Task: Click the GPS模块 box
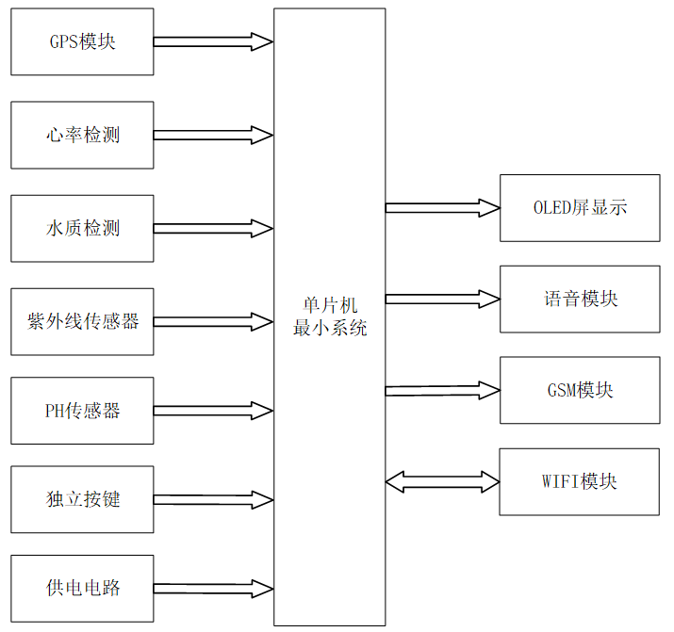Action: (82, 42)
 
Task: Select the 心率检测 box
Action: (82, 135)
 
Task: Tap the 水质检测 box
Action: (82, 228)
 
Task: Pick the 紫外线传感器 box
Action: (82, 321)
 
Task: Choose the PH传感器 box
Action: (82, 411)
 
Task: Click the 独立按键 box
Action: (82, 498)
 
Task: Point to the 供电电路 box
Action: (82, 589)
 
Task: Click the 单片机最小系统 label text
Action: (329, 317)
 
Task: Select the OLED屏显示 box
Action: (580, 207)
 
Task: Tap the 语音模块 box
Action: (580, 299)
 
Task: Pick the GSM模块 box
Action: (580, 390)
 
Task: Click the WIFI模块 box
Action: (580, 481)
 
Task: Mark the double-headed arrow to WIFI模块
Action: (442, 482)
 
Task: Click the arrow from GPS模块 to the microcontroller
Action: (213, 41)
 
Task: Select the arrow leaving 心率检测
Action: (213, 135)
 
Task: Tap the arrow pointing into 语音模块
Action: (442, 299)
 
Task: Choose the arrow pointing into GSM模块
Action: (442, 390)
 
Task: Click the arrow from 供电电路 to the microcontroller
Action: (213, 589)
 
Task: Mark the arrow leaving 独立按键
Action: (213, 498)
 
